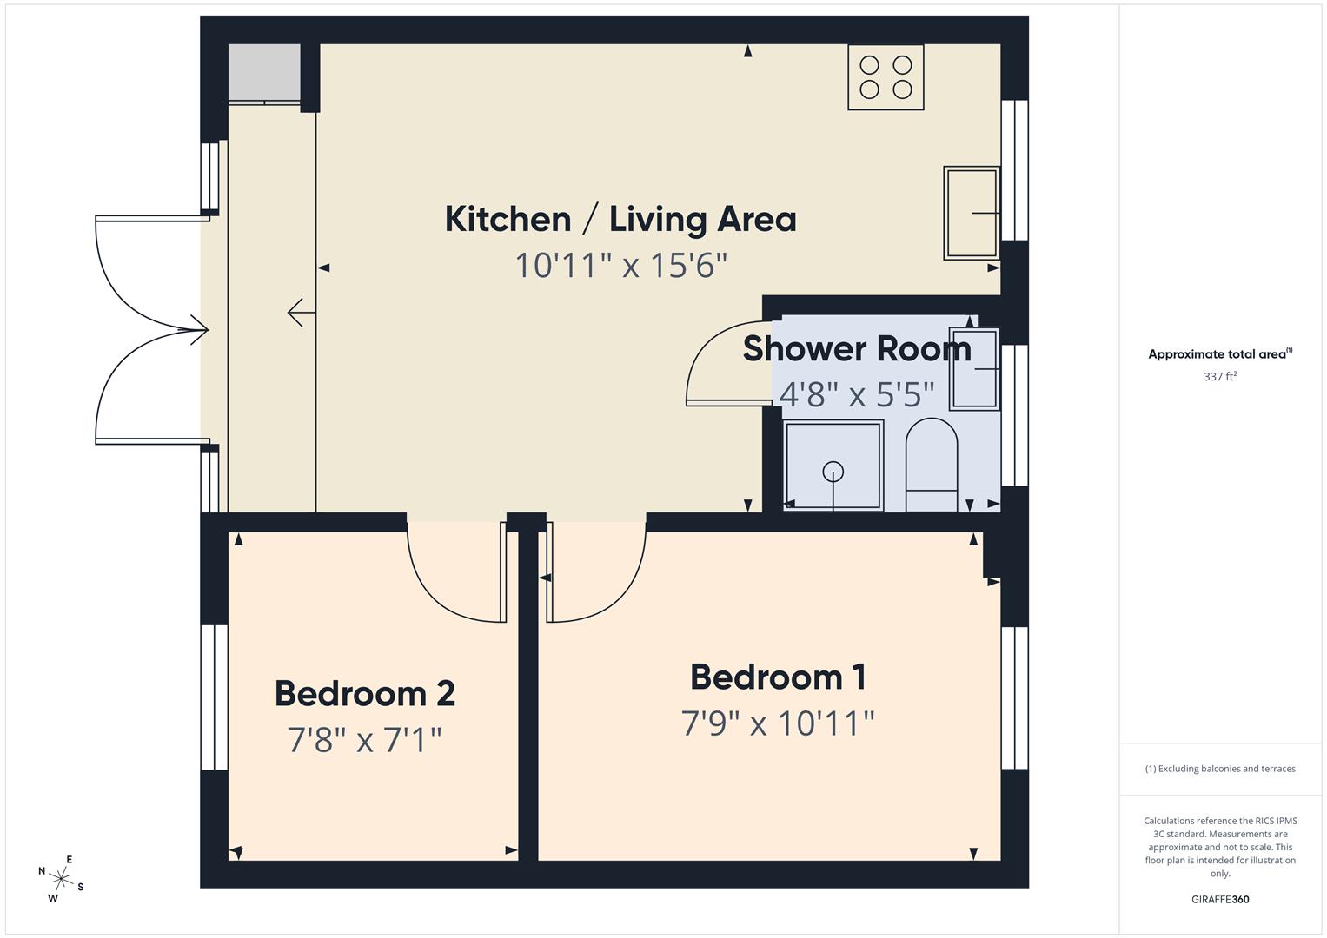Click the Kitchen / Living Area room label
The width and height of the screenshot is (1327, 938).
point(620,219)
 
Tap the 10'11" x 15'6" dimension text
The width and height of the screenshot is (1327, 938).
point(620,265)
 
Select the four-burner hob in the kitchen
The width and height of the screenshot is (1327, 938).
point(885,77)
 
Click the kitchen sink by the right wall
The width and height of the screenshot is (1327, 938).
point(971,213)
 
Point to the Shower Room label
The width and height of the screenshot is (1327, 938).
point(856,348)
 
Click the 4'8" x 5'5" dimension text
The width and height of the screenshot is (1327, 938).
point(856,394)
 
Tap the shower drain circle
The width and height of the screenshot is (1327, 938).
point(833,472)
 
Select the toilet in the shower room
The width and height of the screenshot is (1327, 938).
point(931,465)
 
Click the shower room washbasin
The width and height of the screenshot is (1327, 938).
point(974,368)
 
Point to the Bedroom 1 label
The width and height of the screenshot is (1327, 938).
point(778,677)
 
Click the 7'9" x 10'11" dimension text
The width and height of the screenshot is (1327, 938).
point(778,723)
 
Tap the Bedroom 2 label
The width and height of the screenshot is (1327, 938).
point(365,694)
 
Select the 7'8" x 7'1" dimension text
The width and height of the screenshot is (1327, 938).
point(365,740)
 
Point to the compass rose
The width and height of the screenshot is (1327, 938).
point(61,878)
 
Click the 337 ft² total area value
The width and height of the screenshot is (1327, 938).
point(1219,377)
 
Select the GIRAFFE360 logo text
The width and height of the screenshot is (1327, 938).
point(1219,899)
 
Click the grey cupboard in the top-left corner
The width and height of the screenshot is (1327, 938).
point(263,72)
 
